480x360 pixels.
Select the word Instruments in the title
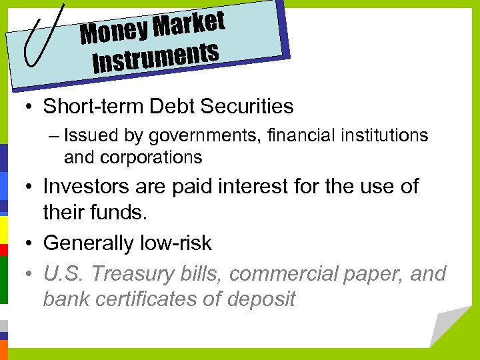click(x=156, y=58)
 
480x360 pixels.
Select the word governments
click(x=200, y=136)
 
